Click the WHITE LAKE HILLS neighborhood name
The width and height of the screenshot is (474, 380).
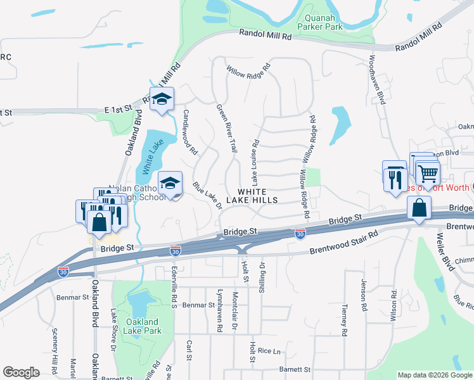tap(258, 195)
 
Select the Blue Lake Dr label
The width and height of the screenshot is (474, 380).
tap(207, 196)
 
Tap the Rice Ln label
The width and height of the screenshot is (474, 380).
tap(269, 350)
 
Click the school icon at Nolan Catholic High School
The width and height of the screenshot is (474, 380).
tap(170, 184)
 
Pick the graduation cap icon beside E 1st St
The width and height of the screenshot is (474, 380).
tap(162, 99)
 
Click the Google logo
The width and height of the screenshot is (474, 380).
tap(22, 372)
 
